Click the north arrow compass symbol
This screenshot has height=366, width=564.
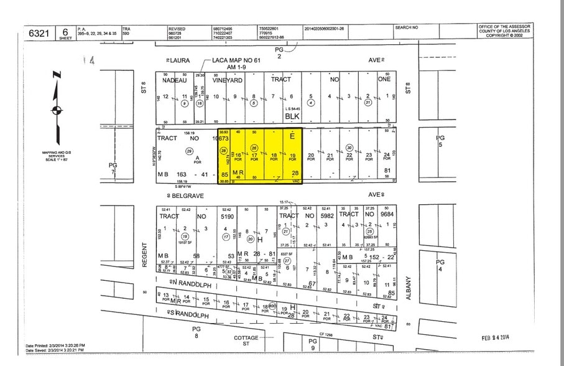[57, 110]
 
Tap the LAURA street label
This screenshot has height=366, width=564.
[180, 60]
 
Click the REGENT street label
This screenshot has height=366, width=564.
[144, 255]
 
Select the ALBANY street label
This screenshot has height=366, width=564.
[409, 289]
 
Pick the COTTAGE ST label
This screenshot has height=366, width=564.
[246, 339]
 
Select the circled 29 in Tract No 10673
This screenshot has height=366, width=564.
[189, 151]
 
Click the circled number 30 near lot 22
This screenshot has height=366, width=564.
[349, 148]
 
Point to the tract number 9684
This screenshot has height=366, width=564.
[386, 215]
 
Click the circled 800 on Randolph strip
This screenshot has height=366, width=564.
[272, 305]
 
